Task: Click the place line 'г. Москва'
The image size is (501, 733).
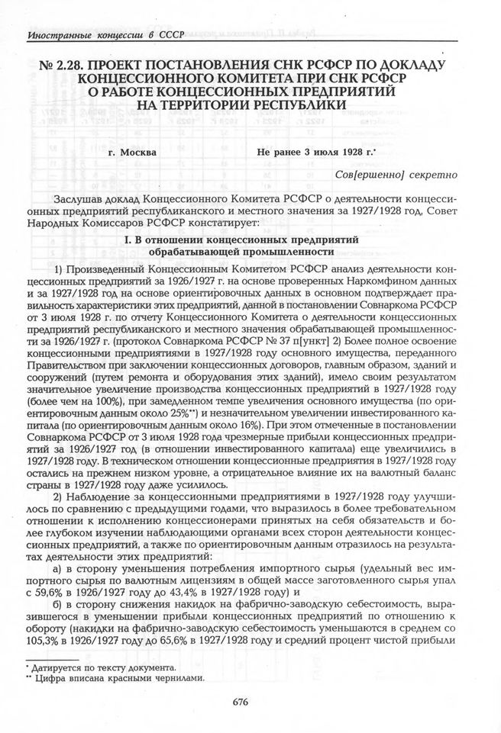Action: pos(134,152)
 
